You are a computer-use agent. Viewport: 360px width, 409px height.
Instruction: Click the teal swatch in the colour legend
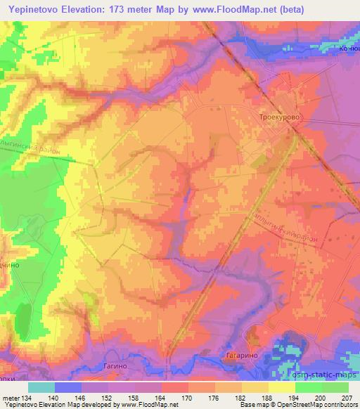41,387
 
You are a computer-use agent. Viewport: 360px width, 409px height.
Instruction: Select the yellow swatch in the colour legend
282,387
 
